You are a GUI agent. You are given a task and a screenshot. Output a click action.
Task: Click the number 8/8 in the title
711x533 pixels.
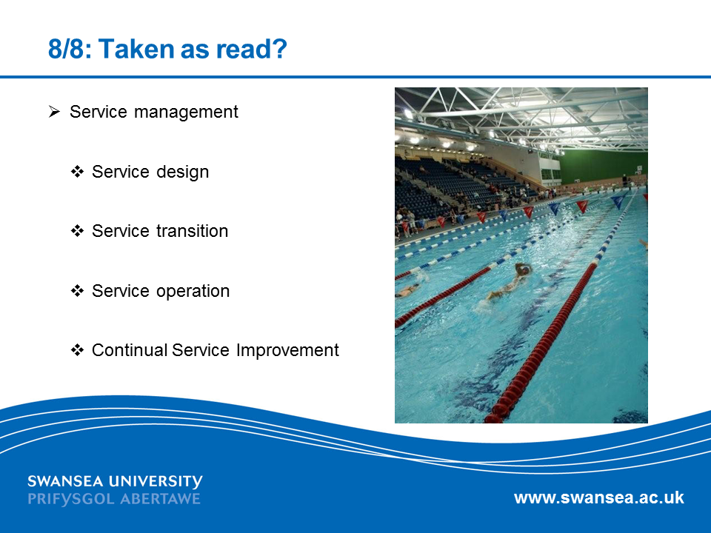[66, 49]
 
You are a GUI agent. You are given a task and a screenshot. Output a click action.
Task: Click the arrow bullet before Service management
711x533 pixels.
[54, 112]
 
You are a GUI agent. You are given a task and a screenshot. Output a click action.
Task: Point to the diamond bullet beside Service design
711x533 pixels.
[77, 172]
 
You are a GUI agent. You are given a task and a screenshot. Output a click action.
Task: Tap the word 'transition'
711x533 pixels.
[192, 231]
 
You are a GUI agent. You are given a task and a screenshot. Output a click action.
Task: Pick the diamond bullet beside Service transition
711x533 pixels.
[77, 231]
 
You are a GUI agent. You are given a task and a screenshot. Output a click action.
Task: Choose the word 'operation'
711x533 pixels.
[193, 292]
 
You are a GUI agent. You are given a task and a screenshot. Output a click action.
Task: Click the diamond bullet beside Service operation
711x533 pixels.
[77, 291]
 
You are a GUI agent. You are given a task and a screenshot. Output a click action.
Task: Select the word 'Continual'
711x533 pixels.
[129, 350]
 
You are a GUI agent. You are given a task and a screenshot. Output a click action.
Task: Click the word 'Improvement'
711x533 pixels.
[287, 351]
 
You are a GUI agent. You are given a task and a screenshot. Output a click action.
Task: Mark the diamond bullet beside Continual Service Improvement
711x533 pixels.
[77, 350]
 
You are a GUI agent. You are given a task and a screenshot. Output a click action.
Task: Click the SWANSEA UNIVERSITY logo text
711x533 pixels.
[116, 481]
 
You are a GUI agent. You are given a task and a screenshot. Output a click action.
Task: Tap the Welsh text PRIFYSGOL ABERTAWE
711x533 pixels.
[114, 499]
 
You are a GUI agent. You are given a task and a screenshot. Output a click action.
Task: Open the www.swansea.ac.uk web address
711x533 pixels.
[599, 497]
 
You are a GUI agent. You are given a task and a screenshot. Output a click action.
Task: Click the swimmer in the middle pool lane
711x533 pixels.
[510, 282]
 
